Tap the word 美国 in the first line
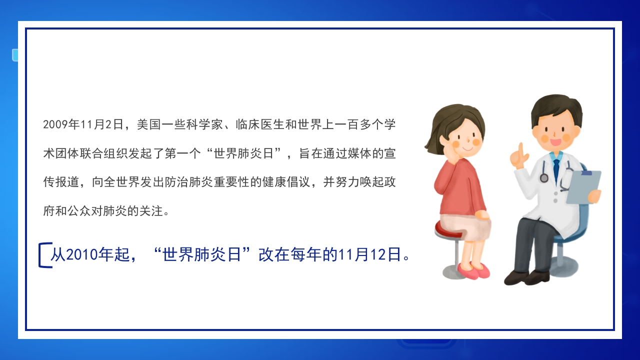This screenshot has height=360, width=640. (x=149, y=124)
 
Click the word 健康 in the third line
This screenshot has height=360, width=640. (x=274, y=182)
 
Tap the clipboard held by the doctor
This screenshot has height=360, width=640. (x=583, y=187)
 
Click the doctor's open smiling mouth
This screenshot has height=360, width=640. (x=555, y=142)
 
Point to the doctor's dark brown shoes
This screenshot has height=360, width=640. (x=527, y=277)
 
